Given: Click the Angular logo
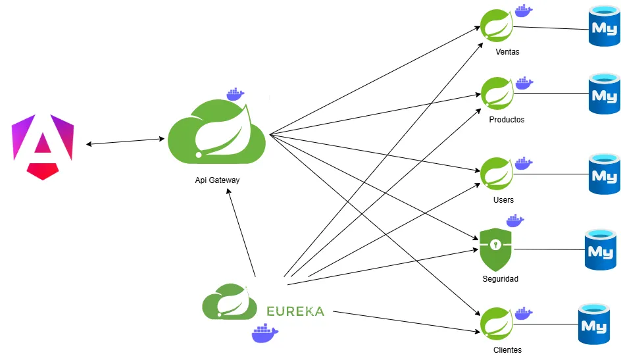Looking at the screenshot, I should point(43,146).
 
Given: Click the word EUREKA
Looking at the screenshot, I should point(295,311).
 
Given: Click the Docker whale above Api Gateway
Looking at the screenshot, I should point(235,93).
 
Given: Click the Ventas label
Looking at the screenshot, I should point(507,52).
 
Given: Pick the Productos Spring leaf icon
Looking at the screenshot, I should point(497,93).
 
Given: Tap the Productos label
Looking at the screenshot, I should point(507,120).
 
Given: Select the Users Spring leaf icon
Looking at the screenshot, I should point(497,174).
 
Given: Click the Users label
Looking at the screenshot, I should point(503,199).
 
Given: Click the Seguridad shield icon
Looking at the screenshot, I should point(495,248).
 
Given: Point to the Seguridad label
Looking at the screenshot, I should point(500,279).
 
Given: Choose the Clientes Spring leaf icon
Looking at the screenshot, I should point(497,324).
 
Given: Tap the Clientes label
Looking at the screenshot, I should point(507,350).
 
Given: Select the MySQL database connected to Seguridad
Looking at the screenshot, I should point(601,250).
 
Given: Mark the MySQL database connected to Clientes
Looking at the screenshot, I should point(594,324).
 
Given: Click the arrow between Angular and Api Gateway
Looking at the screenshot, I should point(125,141).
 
